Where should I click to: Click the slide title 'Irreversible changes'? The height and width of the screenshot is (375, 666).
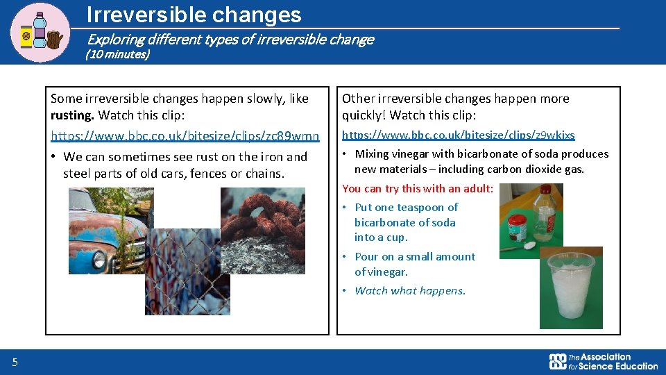(194, 15)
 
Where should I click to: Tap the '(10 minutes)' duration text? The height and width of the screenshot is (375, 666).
(117, 54)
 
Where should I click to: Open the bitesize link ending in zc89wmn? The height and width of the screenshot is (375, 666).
(185, 135)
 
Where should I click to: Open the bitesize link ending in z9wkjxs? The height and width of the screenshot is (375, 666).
(459, 135)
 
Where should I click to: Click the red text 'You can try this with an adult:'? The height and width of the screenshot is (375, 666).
(418, 188)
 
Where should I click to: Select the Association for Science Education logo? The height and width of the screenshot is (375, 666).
(603, 361)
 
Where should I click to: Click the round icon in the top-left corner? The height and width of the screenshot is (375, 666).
(40, 32)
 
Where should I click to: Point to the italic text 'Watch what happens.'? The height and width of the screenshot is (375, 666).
(410, 290)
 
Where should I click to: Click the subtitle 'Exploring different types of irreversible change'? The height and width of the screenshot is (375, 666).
(230, 40)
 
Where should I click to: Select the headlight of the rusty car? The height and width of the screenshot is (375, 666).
(98, 260)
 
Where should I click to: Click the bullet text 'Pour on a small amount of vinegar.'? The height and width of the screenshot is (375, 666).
(414, 264)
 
